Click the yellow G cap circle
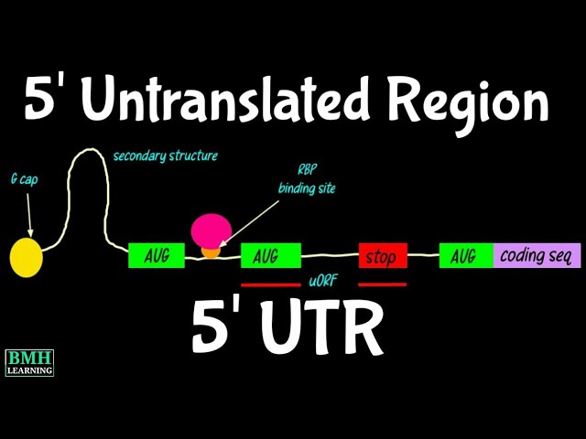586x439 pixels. click(x=27, y=257)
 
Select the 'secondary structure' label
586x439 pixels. click(x=165, y=155)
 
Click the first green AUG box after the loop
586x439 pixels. click(x=157, y=256)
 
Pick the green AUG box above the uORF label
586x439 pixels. click(x=271, y=256)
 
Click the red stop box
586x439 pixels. click(x=382, y=256)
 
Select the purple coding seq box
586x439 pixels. click(x=537, y=256)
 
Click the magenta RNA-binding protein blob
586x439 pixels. click(x=211, y=230)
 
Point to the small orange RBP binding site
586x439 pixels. click(x=212, y=251)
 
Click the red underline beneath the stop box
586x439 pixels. click(x=382, y=284)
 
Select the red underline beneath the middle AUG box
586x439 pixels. click(x=271, y=284)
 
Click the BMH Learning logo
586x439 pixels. click(x=29, y=362)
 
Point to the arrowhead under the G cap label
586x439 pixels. click(x=30, y=234)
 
